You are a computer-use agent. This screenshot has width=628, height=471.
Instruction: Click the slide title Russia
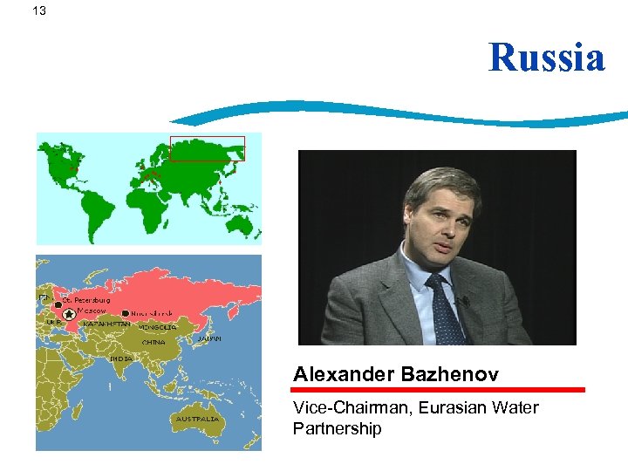[x=546, y=58]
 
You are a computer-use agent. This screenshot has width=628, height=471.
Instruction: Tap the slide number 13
[x=38, y=10]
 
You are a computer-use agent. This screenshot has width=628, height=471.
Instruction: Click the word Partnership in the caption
[x=338, y=428]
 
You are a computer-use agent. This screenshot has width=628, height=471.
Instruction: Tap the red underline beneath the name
[x=438, y=390]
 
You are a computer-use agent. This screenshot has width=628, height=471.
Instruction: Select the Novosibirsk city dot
[x=126, y=313]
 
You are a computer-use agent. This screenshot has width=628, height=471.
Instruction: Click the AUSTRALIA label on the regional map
[x=197, y=419]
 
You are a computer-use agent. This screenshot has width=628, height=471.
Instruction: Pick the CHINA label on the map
[x=154, y=342]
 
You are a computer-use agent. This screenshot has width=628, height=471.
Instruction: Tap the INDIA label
[x=121, y=358]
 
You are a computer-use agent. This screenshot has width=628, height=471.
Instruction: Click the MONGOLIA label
[x=158, y=327]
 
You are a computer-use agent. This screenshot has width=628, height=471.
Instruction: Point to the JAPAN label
[x=208, y=338]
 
